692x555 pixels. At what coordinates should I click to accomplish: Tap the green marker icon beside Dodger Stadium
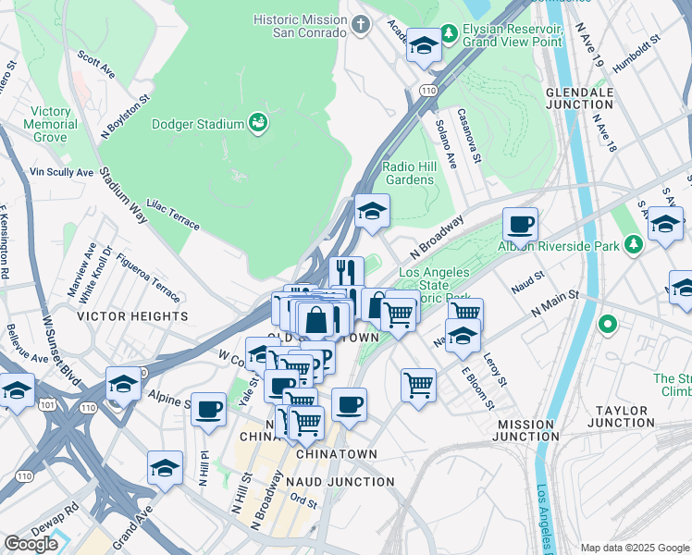click(x=258, y=123)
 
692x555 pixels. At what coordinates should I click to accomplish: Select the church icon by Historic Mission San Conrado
click(x=361, y=25)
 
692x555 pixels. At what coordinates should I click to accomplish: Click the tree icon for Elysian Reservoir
click(x=449, y=34)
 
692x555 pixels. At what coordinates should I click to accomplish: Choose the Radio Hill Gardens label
click(x=408, y=173)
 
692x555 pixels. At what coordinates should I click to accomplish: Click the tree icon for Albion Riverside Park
click(x=634, y=244)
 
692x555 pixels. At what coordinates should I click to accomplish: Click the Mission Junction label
click(x=526, y=429)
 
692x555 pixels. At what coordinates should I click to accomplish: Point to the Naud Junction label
click(x=341, y=482)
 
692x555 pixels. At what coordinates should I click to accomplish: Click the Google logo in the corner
click(x=31, y=544)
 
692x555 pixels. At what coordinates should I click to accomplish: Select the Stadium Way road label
click(x=124, y=196)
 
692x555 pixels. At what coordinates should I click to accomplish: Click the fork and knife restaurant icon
click(x=346, y=272)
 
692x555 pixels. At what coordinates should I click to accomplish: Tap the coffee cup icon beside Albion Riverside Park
click(x=521, y=223)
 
